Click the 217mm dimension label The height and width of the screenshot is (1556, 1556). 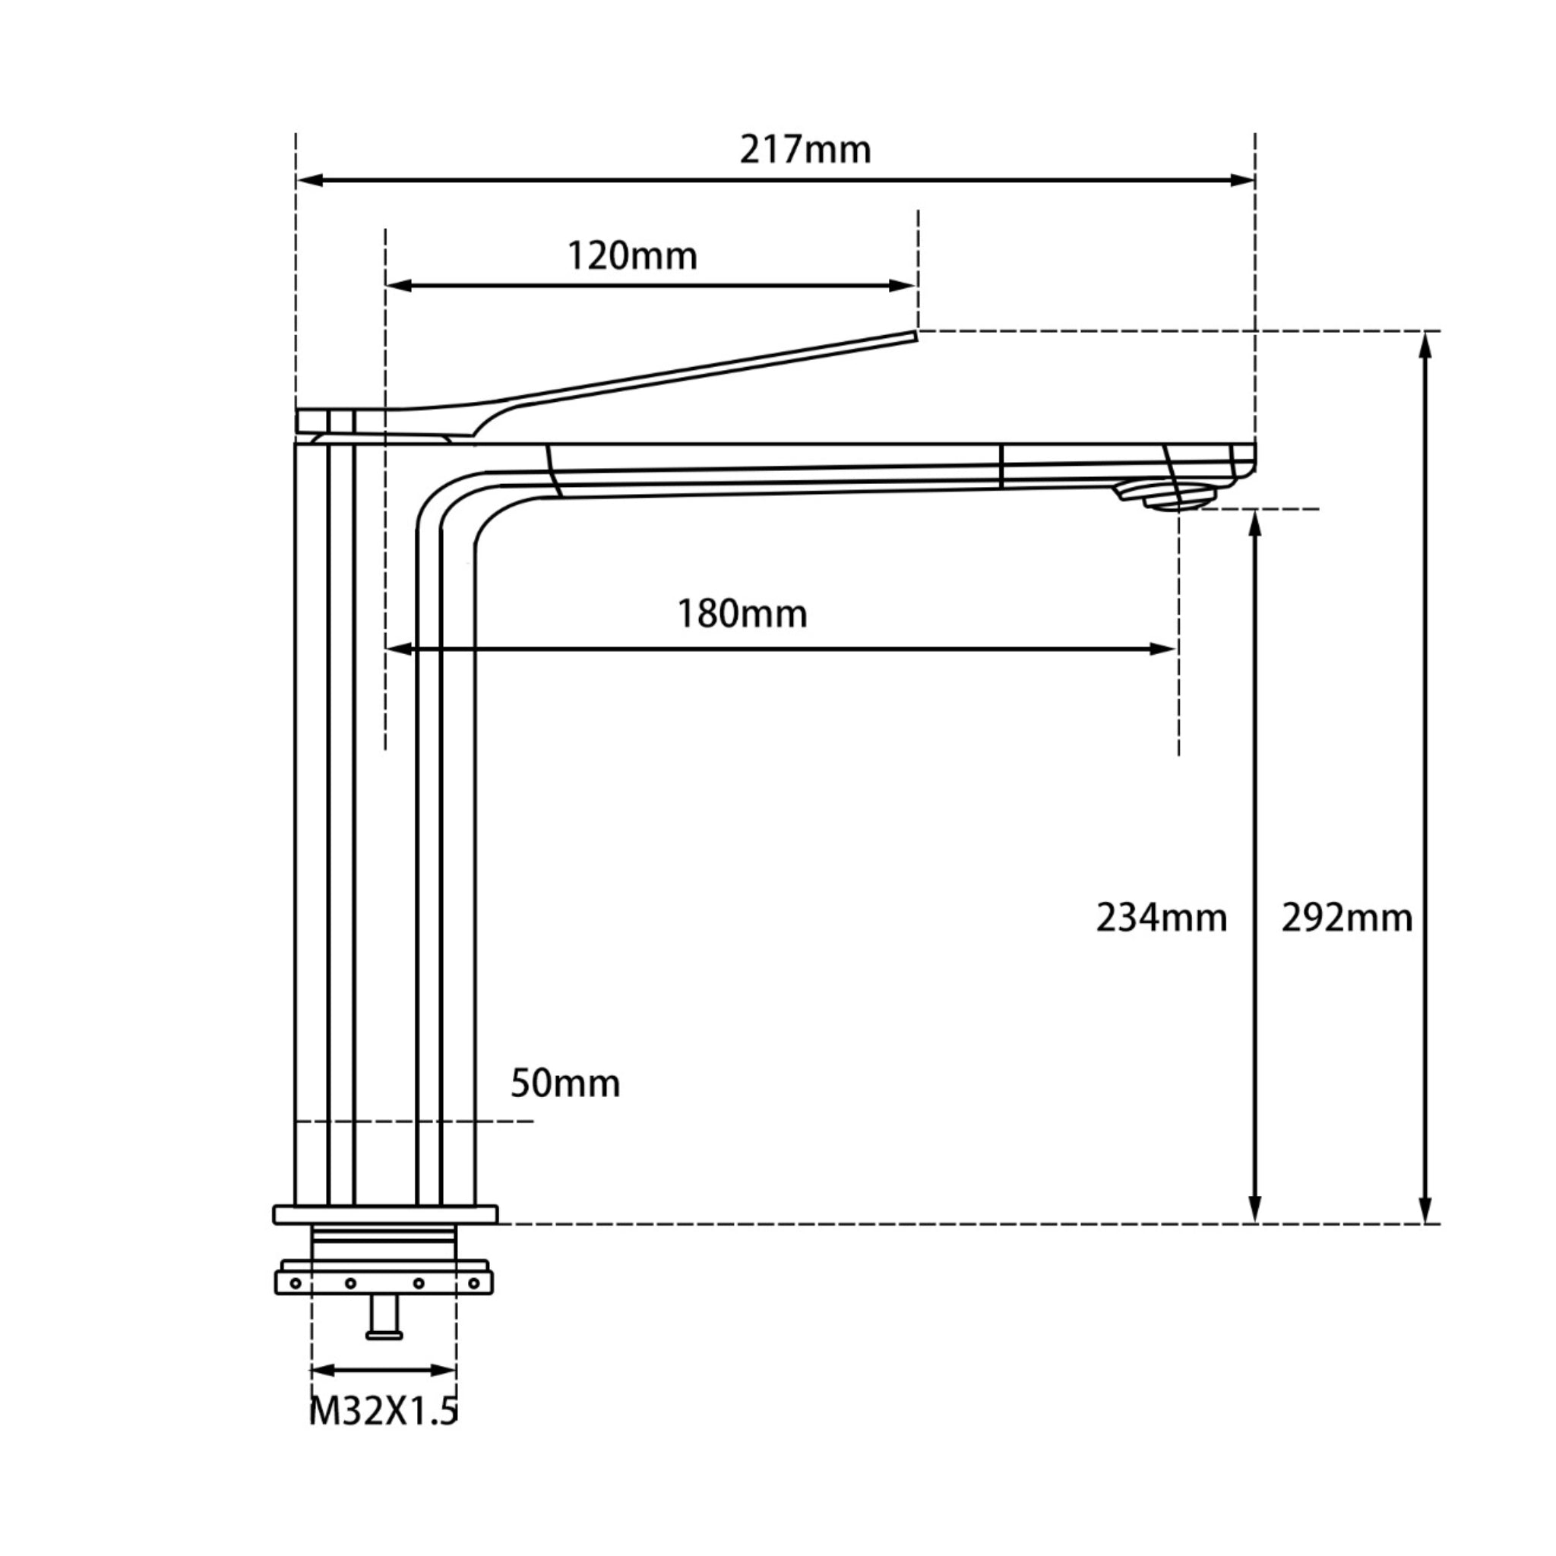coord(805,150)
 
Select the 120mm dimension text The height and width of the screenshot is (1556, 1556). coord(632,257)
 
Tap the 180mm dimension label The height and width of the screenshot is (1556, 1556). coord(741,615)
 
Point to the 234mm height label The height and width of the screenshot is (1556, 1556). coord(1161,918)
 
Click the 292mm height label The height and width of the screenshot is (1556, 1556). coord(1346,918)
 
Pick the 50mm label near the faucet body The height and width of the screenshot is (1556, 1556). coord(565,1084)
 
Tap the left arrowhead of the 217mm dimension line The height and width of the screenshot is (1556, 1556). coord(309,180)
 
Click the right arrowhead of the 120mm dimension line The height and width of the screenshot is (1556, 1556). coord(903,286)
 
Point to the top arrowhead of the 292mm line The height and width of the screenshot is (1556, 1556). coord(1425,345)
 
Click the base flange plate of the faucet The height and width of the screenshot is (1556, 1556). coord(385,1215)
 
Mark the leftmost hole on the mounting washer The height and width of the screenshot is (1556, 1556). coord(296,1284)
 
